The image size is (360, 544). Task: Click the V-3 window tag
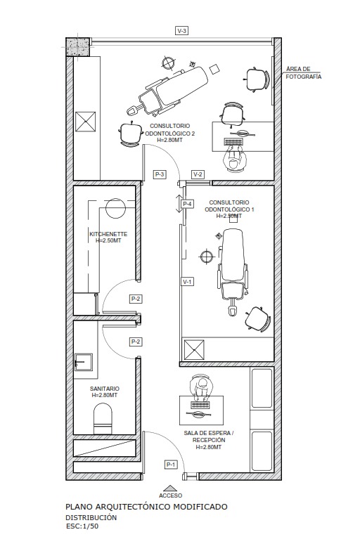(x=181, y=31)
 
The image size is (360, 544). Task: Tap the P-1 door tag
(x=171, y=465)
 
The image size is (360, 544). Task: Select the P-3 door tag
(x=160, y=174)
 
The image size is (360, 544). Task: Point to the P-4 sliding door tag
(x=187, y=204)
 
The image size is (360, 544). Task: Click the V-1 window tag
(x=187, y=282)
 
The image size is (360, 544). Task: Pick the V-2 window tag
(x=198, y=174)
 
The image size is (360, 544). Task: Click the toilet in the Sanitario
(x=103, y=418)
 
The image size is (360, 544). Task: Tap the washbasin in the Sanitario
(x=84, y=362)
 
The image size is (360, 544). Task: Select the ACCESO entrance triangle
(x=170, y=488)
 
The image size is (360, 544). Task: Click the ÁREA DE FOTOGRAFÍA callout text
(x=304, y=73)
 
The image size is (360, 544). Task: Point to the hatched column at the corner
(x=78, y=47)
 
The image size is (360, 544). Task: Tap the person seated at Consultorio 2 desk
(x=235, y=159)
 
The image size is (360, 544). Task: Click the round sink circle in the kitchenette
(x=115, y=208)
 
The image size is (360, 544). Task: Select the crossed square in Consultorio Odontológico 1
(x=194, y=350)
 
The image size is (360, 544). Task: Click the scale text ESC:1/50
(x=82, y=526)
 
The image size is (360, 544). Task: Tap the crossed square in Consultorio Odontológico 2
(x=85, y=122)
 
